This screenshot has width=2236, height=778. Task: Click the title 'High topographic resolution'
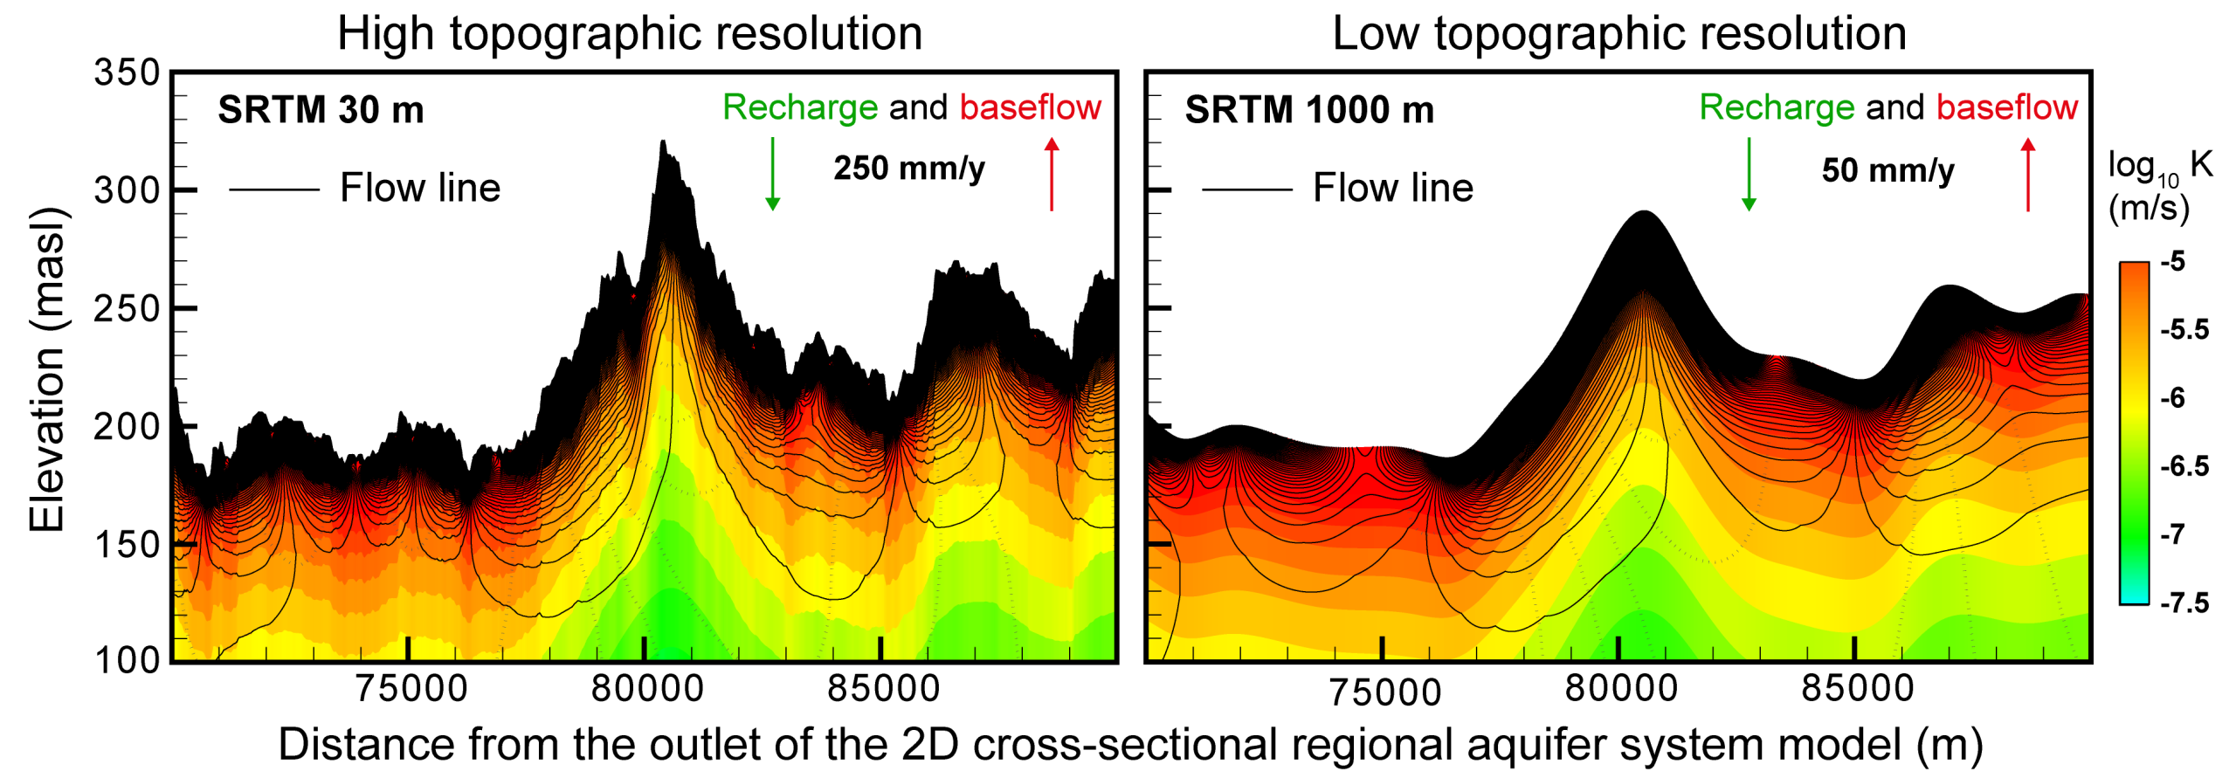[x=630, y=34]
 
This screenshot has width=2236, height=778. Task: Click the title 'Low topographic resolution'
[x=1618, y=34]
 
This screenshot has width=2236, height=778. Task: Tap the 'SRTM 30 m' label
[x=321, y=110]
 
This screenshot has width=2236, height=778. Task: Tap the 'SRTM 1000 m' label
[x=1308, y=110]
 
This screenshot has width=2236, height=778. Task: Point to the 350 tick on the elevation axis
[x=128, y=72]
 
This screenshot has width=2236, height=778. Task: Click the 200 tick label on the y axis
[x=128, y=427]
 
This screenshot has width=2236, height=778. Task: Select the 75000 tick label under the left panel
[x=411, y=689]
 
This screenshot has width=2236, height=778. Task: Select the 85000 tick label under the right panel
[x=1858, y=689]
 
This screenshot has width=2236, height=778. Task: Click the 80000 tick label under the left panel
[x=647, y=689]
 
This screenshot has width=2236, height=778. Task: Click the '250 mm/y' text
[x=908, y=168]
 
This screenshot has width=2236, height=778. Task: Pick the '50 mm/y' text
[x=1887, y=169]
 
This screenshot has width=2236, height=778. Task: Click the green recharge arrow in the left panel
[x=772, y=174]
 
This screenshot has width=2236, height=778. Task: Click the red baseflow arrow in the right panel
[x=2027, y=174]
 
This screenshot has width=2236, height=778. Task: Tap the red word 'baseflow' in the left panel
[x=1031, y=107]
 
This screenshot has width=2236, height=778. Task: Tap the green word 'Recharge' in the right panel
[x=1776, y=107]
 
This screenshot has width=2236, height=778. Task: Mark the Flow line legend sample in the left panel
[x=273, y=189]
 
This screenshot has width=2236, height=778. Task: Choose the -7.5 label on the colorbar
[x=2184, y=602]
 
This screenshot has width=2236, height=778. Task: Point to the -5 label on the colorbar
[x=2172, y=261]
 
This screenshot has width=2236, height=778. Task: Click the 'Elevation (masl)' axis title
[x=47, y=369]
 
